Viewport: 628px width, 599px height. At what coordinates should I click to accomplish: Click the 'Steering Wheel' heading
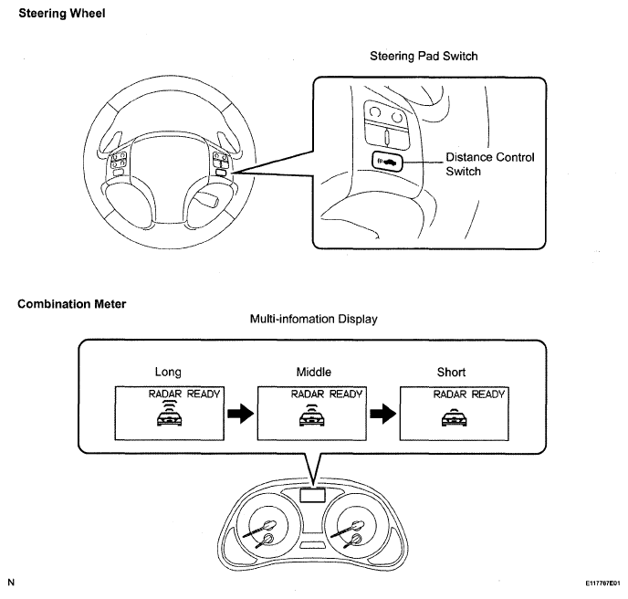coord(62,13)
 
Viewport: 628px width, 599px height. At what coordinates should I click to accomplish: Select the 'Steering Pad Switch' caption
coord(424,56)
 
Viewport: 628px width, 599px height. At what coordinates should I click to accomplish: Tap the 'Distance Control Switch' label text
coord(490,164)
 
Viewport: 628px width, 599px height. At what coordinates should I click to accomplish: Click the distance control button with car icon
coord(387,162)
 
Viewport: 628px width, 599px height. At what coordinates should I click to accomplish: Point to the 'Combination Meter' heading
coord(72,304)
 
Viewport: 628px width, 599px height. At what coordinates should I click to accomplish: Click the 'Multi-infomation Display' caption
coord(314,319)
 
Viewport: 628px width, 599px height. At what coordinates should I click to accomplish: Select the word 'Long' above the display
coord(168,373)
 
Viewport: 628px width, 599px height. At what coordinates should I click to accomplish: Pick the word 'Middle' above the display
coord(314,373)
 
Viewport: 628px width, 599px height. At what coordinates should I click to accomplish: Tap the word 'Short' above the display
coord(451,373)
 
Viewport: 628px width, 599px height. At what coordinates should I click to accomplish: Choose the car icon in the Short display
coord(455,419)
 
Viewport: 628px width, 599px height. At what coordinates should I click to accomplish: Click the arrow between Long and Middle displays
coord(241,413)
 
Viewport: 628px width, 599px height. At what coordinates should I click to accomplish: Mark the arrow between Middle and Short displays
coord(383,413)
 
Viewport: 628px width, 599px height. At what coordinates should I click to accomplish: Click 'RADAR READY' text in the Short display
coord(468,394)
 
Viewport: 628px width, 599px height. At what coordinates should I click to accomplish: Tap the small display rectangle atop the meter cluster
coord(312,495)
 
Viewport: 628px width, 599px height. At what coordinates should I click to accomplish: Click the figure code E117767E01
coord(602,583)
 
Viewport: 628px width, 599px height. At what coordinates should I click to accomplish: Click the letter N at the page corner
coord(11,583)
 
